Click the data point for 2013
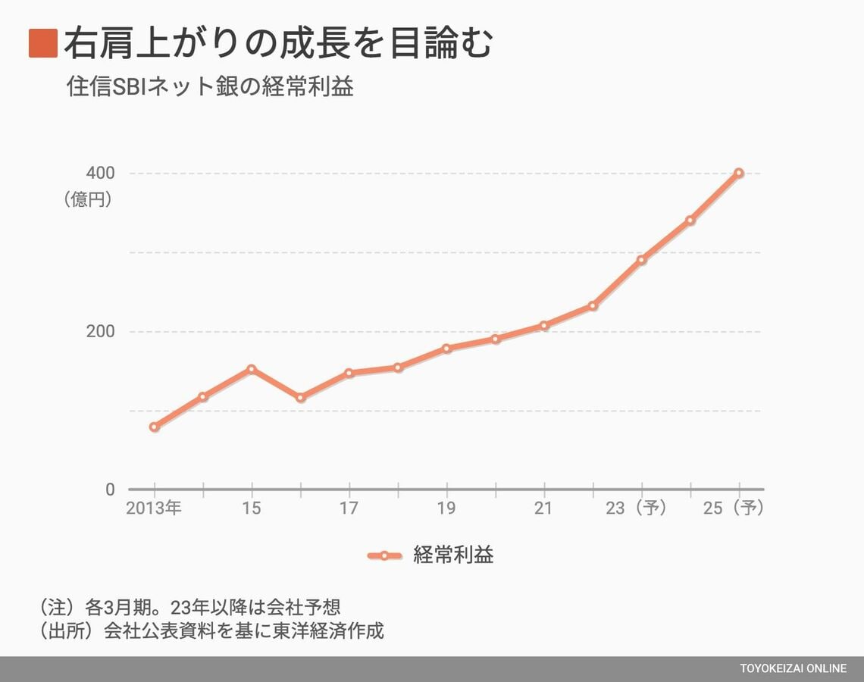[155, 427]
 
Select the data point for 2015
[252, 369]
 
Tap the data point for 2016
[301, 397]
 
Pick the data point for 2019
[446, 349]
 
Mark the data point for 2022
[593, 306]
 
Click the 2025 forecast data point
[739, 173]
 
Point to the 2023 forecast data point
[642, 260]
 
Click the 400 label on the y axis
[101, 173]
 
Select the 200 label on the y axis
[101, 332]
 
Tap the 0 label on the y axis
[111, 490]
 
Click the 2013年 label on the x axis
[154, 508]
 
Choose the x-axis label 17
[349, 508]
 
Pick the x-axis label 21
[543, 508]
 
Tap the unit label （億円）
[88, 200]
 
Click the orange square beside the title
[43, 43]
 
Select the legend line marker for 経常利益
[384, 555]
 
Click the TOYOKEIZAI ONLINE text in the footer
[794, 668]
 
